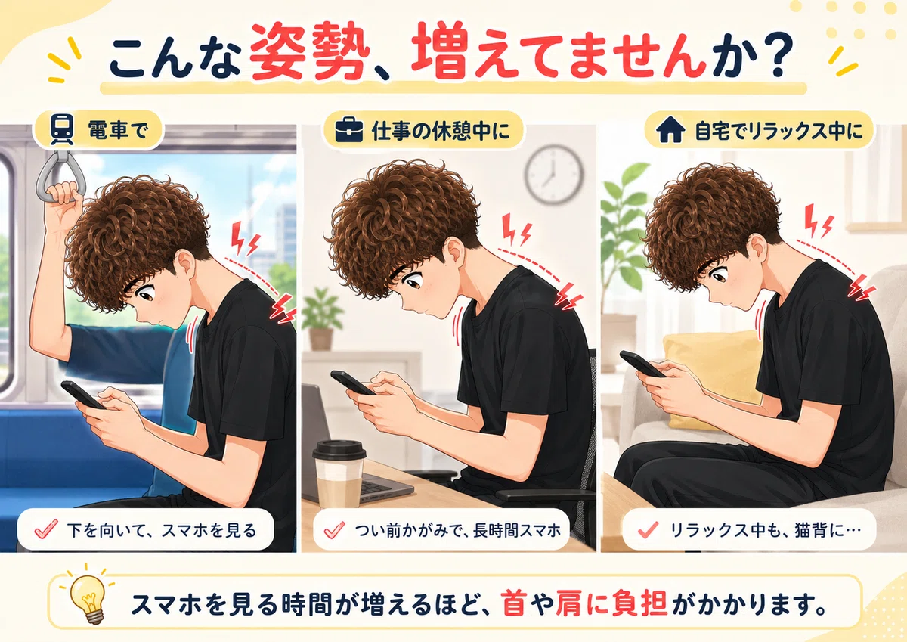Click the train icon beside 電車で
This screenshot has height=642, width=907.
[62, 129]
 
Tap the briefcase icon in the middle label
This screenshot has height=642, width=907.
[349, 130]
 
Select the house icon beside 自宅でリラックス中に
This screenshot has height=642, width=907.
[670, 129]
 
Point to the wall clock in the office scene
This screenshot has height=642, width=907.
[554, 174]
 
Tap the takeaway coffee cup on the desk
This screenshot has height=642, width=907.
[339, 473]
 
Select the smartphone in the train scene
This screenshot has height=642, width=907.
[83, 395]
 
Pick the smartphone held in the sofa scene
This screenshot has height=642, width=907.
[642, 364]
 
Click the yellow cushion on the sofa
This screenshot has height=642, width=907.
[713, 379]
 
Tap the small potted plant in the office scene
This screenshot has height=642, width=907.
[321, 319]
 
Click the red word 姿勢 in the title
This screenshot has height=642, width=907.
[310, 52]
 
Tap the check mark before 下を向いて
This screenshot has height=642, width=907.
[46, 529]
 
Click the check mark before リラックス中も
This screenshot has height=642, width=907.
[648, 529]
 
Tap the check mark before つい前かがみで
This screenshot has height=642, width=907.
[334, 529]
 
